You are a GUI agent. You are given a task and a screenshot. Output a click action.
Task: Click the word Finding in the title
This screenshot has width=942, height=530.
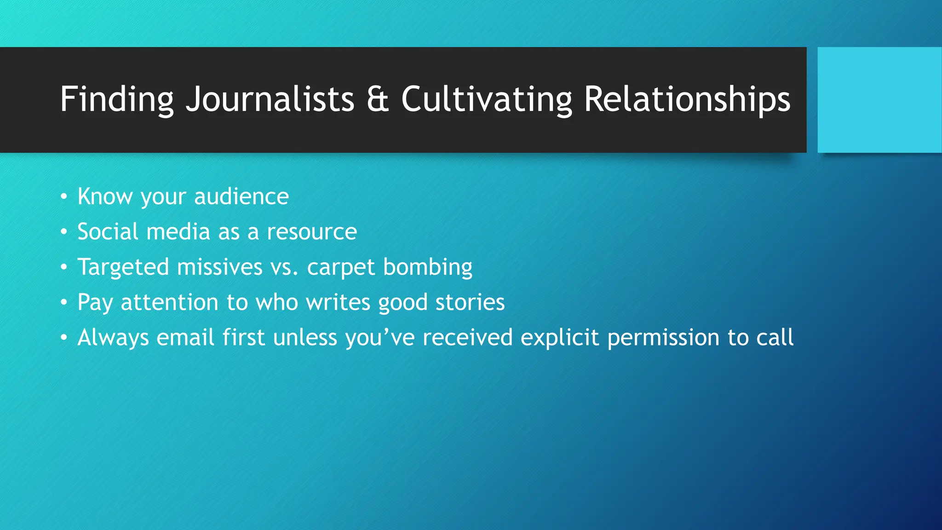coord(116,99)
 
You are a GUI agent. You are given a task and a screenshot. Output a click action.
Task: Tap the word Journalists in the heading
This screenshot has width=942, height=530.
coord(270,99)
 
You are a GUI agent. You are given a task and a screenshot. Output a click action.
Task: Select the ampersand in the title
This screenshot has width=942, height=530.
coord(378,99)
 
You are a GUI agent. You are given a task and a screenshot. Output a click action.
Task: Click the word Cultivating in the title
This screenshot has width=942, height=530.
coord(486,99)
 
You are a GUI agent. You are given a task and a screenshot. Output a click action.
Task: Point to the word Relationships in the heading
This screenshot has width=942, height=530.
coord(687,99)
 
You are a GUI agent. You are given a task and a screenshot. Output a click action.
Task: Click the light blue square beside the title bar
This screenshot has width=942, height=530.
coord(879,100)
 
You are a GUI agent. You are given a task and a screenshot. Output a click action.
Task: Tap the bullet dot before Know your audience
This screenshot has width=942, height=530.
coord(64,197)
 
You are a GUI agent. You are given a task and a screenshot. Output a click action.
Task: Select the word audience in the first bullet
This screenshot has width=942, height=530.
coord(241,197)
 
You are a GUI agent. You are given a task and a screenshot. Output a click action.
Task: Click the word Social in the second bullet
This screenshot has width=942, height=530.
coord(108,231)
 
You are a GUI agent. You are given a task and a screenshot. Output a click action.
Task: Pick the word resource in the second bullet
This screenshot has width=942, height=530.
coord(311,231)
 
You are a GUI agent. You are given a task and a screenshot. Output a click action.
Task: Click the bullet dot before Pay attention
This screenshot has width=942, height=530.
coord(64,302)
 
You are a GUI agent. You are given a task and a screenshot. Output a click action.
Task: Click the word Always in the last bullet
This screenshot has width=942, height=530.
coord(113,338)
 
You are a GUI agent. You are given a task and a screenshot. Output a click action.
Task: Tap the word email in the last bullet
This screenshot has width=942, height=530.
coord(185,337)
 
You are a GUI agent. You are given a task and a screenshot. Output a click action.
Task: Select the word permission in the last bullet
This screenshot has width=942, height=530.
coord(663,338)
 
